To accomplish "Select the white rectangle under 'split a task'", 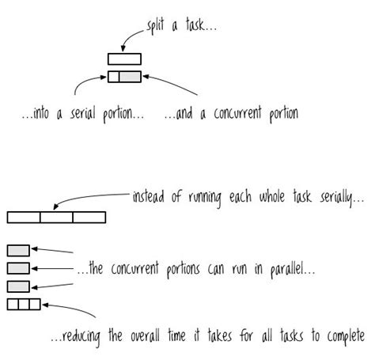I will (124, 58).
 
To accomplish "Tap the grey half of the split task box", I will (130, 77).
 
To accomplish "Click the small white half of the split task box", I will (113, 77).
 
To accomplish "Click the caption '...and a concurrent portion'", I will (231, 115).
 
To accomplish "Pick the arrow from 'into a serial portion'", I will (83, 85).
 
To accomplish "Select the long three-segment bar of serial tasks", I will (55, 216).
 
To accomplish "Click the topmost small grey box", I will (18, 251).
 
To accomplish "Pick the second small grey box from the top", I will (18, 268).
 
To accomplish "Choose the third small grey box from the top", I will (18, 286).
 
